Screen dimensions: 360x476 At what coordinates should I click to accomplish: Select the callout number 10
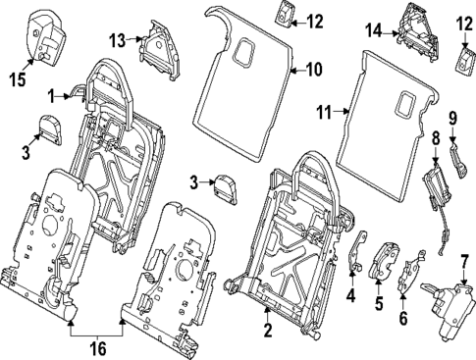(313, 70)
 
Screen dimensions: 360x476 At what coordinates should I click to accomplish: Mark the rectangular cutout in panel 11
(404, 100)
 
